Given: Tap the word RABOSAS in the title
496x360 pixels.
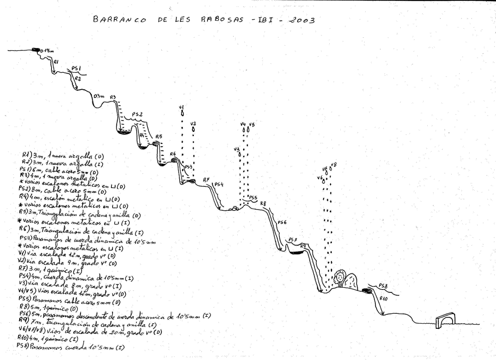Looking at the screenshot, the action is (x=222, y=19).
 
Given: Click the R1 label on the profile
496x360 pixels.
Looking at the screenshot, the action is (x=56, y=61).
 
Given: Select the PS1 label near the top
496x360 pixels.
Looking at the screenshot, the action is (x=76, y=68).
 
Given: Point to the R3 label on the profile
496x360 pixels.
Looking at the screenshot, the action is (x=113, y=97).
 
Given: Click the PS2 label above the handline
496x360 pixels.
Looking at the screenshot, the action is (x=137, y=114).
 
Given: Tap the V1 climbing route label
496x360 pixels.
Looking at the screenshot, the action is (x=182, y=107).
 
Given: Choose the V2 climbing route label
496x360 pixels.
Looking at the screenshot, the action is (x=193, y=123).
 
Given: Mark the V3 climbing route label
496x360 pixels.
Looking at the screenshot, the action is (x=237, y=149).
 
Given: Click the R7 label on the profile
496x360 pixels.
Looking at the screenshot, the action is (x=206, y=180).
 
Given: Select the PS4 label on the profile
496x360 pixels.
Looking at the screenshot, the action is (x=219, y=185).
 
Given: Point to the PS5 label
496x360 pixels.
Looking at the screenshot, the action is (x=253, y=197).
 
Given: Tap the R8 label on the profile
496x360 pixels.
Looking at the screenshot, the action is (x=263, y=204).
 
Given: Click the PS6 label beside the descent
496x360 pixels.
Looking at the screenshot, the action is (x=282, y=222).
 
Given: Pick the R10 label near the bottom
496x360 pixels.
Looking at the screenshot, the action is (x=383, y=299).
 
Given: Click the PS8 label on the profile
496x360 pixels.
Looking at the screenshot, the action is (x=383, y=286).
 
